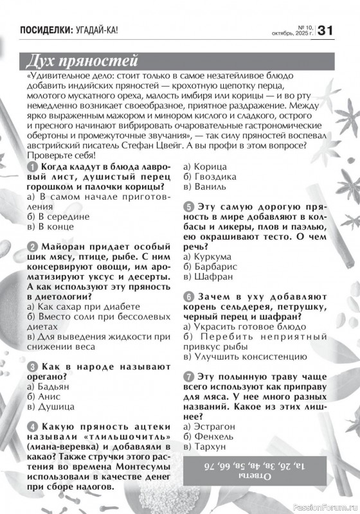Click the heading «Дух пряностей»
click(x=82, y=62)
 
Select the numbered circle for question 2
click(x=33, y=246)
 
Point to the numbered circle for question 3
click(x=33, y=365)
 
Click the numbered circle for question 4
click(x=33, y=426)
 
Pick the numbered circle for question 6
click(x=188, y=297)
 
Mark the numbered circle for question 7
click(x=188, y=376)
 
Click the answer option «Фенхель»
click(x=206, y=436)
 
